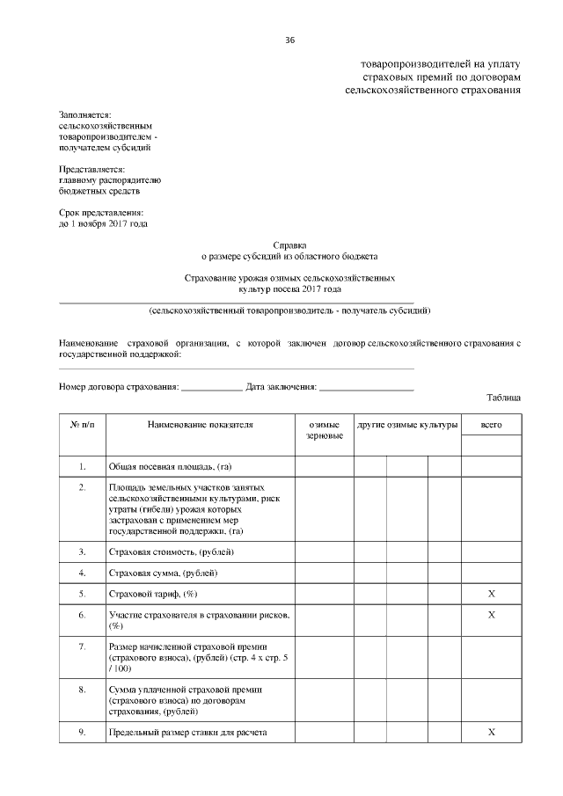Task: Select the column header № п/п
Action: pyautogui.click(x=82, y=425)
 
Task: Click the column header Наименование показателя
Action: pyautogui.click(x=200, y=425)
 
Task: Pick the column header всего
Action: pyautogui.click(x=491, y=425)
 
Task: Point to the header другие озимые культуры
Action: pyautogui.click(x=407, y=425)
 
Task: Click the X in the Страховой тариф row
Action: pyautogui.click(x=491, y=595)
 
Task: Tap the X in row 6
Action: pyautogui.click(x=491, y=615)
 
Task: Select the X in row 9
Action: pyautogui.click(x=491, y=732)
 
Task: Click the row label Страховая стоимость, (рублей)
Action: pyautogui.click(x=171, y=552)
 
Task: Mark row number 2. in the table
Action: pyautogui.click(x=82, y=486)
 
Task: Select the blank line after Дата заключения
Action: pyautogui.click(x=366, y=387)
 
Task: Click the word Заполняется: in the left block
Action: pyautogui.click(x=84, y=115)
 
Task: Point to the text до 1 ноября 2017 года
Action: pyautogui.click(x=103, y=223)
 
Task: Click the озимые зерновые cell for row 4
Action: pyautogui.click(x=325, y=573)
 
